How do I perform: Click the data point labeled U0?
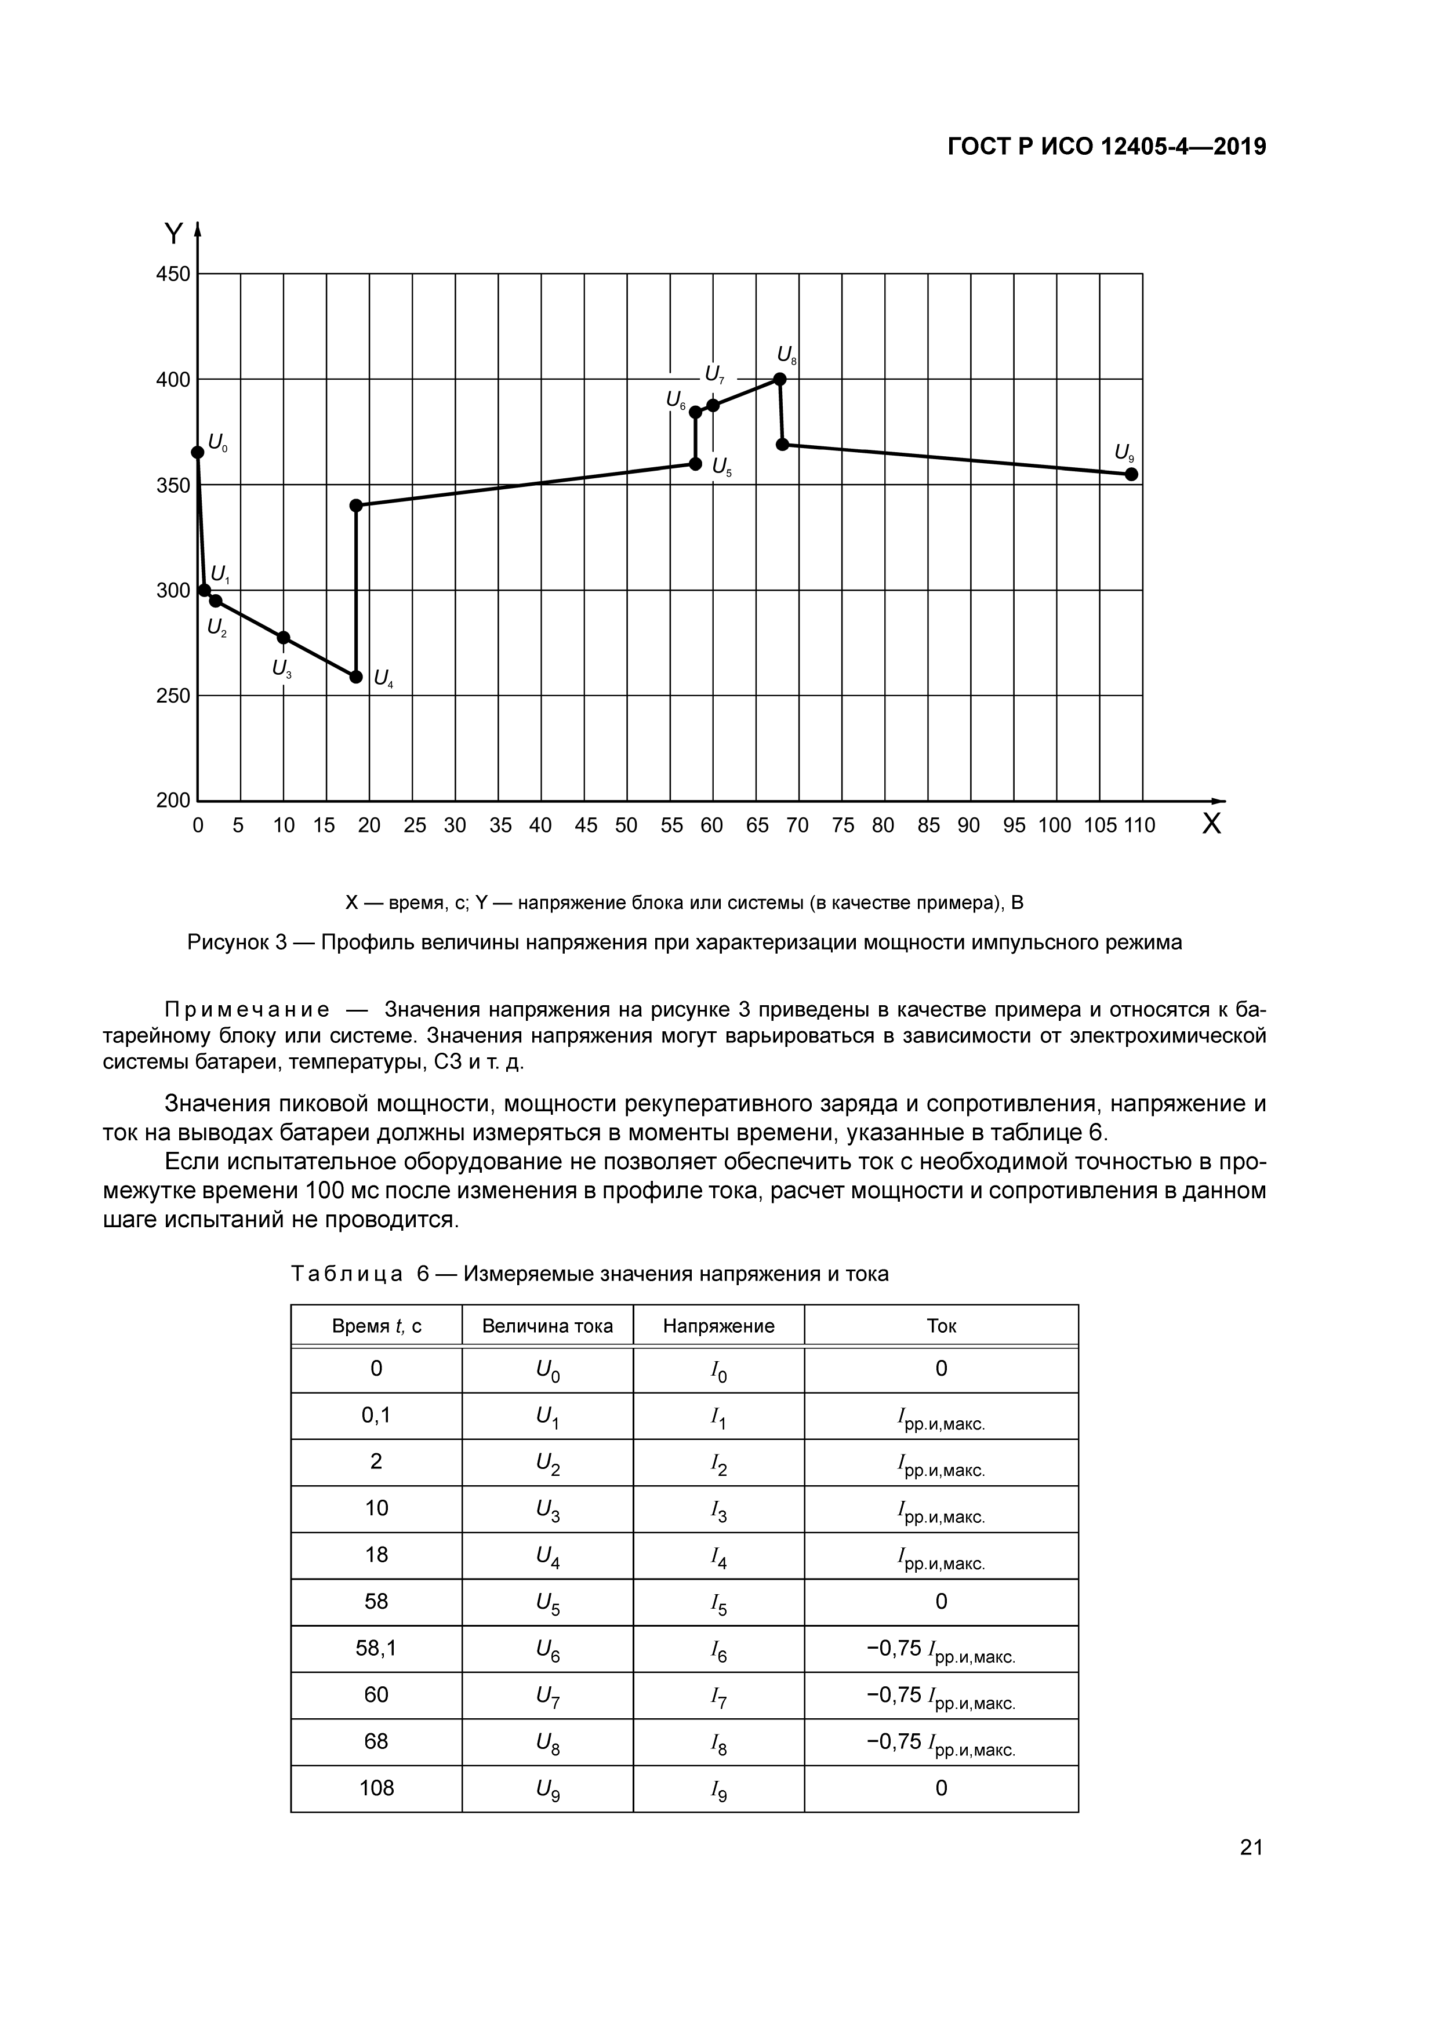coord(198,453)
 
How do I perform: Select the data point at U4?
coord(356,677)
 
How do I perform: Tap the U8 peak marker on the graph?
coord(779,379)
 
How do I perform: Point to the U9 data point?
coord(1131,474)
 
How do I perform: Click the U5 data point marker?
coord(695,464)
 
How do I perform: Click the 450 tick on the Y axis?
coord(173,275)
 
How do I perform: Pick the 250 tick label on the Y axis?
coord(173,696)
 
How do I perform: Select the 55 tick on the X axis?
coord(671,826)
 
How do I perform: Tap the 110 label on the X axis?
coord(1139,826)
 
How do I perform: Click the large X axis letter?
coord(1211,824)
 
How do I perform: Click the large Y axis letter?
coord(173,234)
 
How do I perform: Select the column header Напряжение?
coord(718,1326)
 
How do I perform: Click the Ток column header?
coord(940,1326)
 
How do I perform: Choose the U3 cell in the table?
coord(547,1510)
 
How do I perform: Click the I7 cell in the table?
coord(718,1696)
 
